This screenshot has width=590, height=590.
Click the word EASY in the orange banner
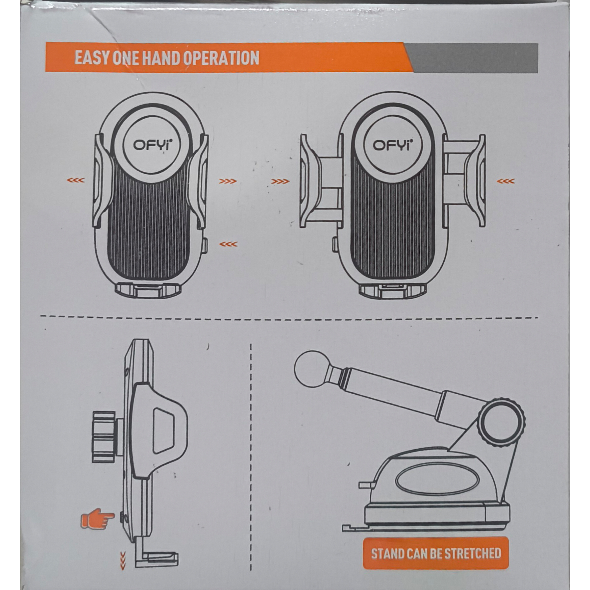click(92, 58)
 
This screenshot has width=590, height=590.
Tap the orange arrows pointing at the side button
click(228, 244)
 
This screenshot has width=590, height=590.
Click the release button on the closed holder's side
click(205, 246)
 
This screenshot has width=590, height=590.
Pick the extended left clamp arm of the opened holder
click(320, 181)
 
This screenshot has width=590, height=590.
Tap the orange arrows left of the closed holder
click(76, 180)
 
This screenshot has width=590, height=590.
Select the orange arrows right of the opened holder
click(506, 181)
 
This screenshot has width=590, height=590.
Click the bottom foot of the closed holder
click(148, 290)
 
